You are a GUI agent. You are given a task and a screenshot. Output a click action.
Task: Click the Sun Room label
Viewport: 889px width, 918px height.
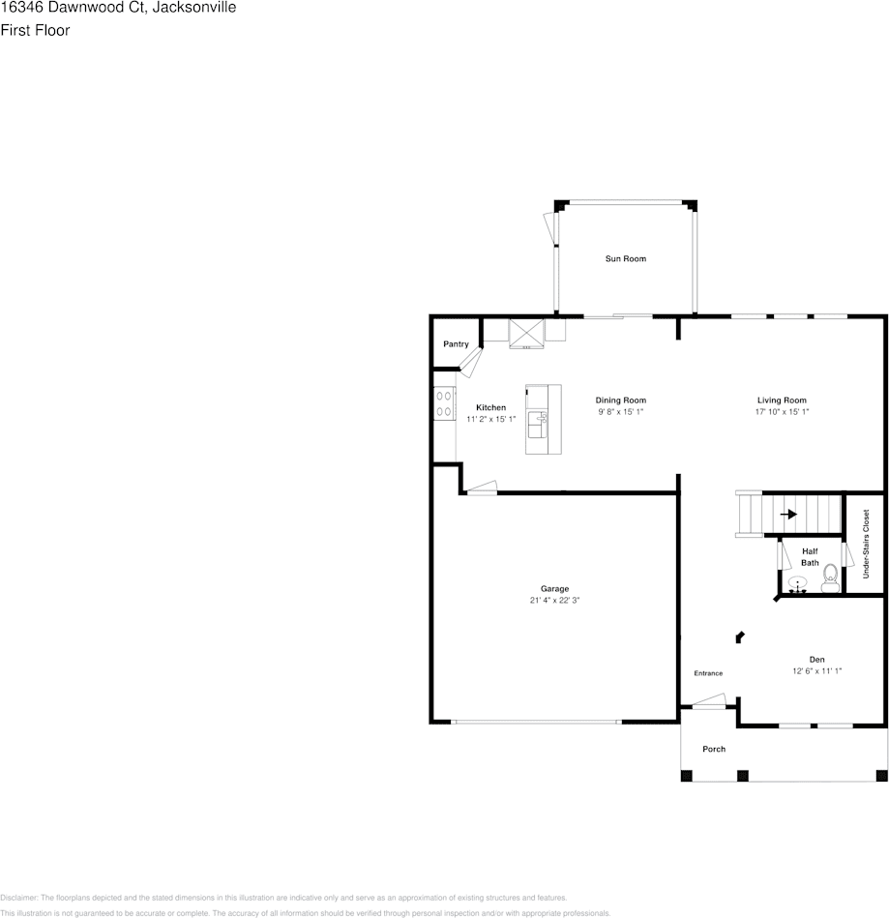pyautogui.click(x=625, y=258)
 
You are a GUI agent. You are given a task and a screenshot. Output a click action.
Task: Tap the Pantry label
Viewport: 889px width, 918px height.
pyautogui.click(x=456, y=344)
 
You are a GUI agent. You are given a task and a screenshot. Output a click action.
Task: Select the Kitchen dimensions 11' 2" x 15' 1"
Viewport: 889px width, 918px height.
pyautogui.click(x=491, y=419)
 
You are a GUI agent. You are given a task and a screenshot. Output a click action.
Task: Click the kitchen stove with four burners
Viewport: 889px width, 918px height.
pyautogui.click(x=444, y=402)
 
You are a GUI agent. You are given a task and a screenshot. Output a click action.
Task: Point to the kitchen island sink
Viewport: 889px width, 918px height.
pyautogui.click(x=537, y=419)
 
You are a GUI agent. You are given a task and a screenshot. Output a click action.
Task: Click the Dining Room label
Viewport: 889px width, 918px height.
pyautogui.click(x=620, y=400)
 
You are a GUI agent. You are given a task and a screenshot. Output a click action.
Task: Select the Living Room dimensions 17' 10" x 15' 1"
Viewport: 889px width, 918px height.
pyautogui.click(x=782, y=411)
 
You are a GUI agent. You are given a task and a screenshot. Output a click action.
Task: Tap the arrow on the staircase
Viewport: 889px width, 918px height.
pyautogui.click(x=789, y=515)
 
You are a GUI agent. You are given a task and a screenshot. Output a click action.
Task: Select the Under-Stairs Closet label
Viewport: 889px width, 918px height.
pyautogui.click(x=866, y=544)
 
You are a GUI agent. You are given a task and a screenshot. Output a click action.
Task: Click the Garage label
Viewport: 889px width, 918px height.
pyautogui.click(x=554, y=588)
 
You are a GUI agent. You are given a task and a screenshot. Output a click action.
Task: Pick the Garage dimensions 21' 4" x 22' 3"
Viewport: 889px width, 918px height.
pyautogui.click(x=554, y=601)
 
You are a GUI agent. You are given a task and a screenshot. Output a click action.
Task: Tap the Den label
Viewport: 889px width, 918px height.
pyautogui.click(x=817, y=659)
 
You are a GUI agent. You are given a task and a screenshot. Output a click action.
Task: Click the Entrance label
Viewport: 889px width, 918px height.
pyautogui.click(x=708, y=673)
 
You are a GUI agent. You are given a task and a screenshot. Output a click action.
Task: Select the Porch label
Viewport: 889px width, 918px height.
pyautogui.click(x=714, y=749)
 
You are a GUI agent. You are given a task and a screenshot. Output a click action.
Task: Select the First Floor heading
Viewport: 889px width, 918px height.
pyautogui.click(x=35, y=30)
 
